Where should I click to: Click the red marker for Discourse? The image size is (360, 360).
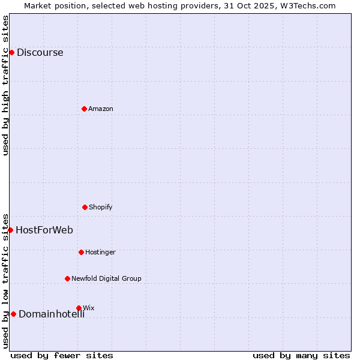click(11, 52)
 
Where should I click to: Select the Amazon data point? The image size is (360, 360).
click(84, 109)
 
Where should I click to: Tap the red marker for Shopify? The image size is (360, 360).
click(85, 207)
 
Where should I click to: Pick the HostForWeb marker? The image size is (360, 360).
click(10, 230)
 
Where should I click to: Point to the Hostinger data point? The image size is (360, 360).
click(81, 252)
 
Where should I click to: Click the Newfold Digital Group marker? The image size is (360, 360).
click(67, 278)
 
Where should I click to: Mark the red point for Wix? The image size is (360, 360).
click(79, 308)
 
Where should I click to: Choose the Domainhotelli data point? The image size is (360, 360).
click(13, 314)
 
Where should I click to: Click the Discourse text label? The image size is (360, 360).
click(40, 52)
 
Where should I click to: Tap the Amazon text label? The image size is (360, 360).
click(101, 109)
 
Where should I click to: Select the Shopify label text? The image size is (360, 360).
click(101, 207)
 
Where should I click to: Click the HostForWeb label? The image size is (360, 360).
click(44, 230)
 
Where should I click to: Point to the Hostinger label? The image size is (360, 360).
click(100, 252)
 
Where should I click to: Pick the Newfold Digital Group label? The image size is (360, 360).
click(106, 278)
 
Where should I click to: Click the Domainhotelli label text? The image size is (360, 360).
click(52, 314)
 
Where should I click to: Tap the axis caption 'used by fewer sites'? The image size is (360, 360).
click(62, 355)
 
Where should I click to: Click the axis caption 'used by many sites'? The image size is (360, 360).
click(301, 355)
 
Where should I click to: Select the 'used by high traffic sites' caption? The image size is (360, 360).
click(5, 85)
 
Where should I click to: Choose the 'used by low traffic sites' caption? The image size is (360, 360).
click(5, 281)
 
